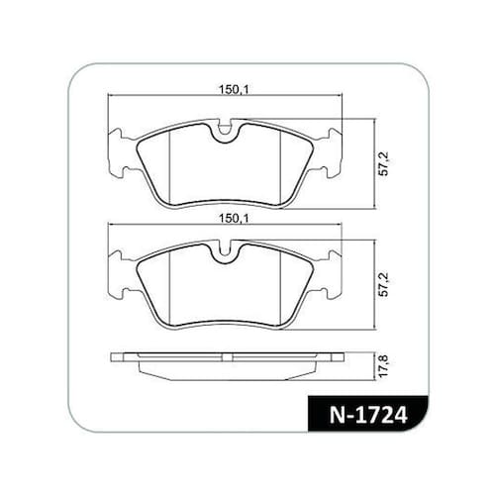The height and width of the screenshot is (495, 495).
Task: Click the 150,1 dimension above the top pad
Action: tap(234, 89)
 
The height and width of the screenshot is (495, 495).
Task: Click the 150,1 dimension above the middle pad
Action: tap(234, 218)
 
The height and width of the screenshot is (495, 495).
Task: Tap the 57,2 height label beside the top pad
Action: tap(384, 164)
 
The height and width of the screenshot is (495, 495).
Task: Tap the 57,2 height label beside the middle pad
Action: tap(384, 285)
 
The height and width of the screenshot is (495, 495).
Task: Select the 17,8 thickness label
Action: tap(384, 366)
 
